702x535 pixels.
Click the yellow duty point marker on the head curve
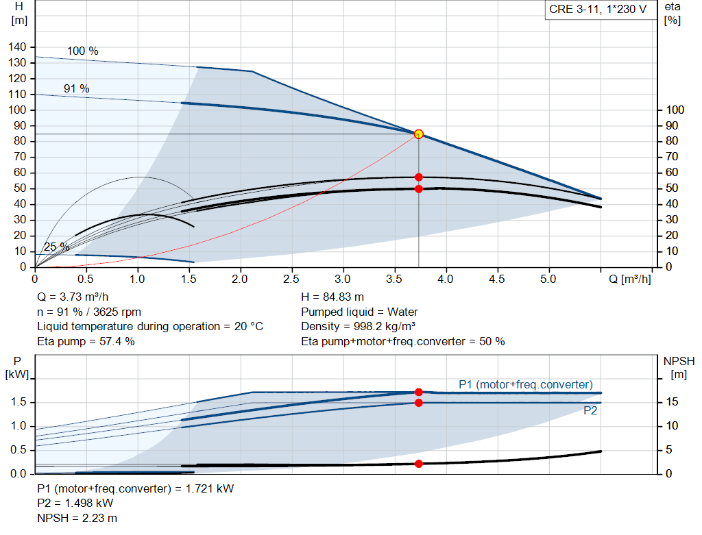(419, 134)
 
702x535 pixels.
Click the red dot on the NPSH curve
(419, 464)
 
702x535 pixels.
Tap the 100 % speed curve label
(82, 51)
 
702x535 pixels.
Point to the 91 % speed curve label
(77, 89)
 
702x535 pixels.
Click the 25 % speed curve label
(56, 247)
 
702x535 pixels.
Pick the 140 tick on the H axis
(19, 47)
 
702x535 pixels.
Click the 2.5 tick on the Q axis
(292, 279)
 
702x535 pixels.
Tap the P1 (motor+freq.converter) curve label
(525, 384)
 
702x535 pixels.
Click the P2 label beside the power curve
(590, 411)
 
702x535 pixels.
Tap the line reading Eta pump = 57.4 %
(86, 341)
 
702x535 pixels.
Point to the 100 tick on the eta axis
(675, 110)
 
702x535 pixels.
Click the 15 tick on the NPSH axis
(673, 402)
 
